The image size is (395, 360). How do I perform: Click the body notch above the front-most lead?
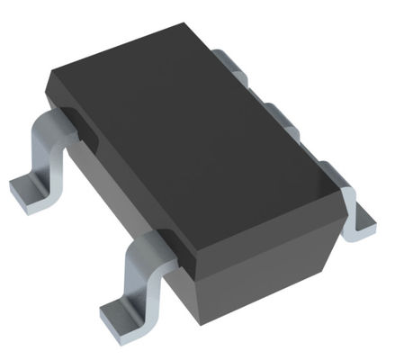tap(171, 244)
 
